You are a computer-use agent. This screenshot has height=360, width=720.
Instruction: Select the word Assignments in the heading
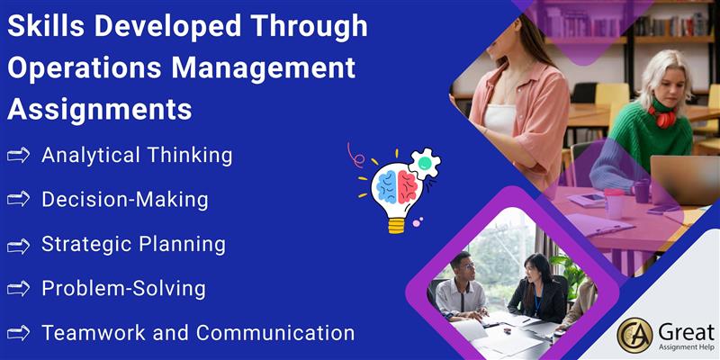[100, 109]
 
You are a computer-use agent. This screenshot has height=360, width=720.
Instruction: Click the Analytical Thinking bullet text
[137, 156]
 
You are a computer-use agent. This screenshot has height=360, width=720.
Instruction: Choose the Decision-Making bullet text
[125, 199]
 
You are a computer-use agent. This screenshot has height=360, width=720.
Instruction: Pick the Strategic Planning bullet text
[133, 244]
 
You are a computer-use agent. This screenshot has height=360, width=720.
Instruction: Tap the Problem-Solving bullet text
[123, 289]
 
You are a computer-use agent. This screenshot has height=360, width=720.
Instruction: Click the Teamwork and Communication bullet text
[198, 332]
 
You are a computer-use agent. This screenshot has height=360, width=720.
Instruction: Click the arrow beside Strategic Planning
[18, 245]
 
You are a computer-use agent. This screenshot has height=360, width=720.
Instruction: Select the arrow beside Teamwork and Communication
[18, 333]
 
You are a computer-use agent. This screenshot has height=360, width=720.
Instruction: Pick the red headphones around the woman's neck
[662, 116]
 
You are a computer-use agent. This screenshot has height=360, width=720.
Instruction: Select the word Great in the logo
[686, 329]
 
